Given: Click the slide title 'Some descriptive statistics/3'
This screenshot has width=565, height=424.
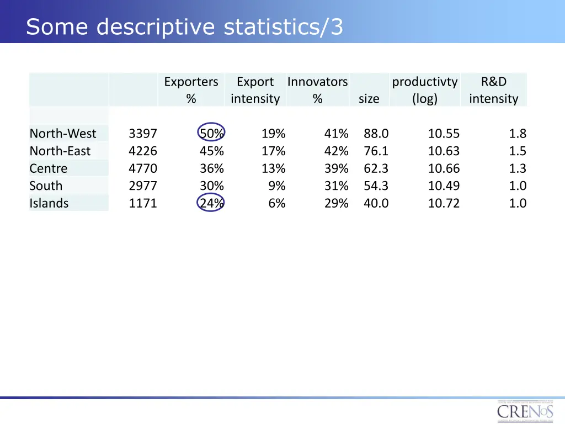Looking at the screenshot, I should (184, 26).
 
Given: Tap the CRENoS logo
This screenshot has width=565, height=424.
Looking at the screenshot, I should (525, 411).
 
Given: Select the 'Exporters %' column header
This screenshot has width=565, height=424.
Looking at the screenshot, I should (191, 90).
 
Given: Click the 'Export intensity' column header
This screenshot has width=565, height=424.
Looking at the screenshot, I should (255, 90).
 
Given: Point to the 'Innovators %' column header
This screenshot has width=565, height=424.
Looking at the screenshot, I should (317, 90).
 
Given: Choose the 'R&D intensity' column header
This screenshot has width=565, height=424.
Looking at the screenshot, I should (493, 90).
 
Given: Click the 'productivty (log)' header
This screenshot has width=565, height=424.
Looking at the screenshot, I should (424, 90).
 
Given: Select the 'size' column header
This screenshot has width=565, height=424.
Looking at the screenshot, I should (369, 99).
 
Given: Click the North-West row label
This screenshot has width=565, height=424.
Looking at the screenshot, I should (63, 134).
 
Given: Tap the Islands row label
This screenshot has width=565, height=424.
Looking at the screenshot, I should (49, 203).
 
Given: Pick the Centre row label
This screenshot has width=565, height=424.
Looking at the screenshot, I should (49, 168).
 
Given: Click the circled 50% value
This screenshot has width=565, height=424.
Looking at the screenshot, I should (211, 134).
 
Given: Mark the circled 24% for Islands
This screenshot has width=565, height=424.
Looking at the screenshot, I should (211, 203).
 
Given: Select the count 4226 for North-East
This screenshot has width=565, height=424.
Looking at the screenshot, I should (143, 151).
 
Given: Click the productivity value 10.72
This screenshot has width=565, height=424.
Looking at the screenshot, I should (444, 203).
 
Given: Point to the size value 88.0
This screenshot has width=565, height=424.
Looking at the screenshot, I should (376, 134).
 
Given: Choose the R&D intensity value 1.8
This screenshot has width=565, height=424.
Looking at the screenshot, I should (518, 134).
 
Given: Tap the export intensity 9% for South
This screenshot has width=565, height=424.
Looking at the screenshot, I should (277, 186).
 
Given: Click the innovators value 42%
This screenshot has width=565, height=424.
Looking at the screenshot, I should (336, 151).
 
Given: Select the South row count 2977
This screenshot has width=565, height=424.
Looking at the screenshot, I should (143, 186).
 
